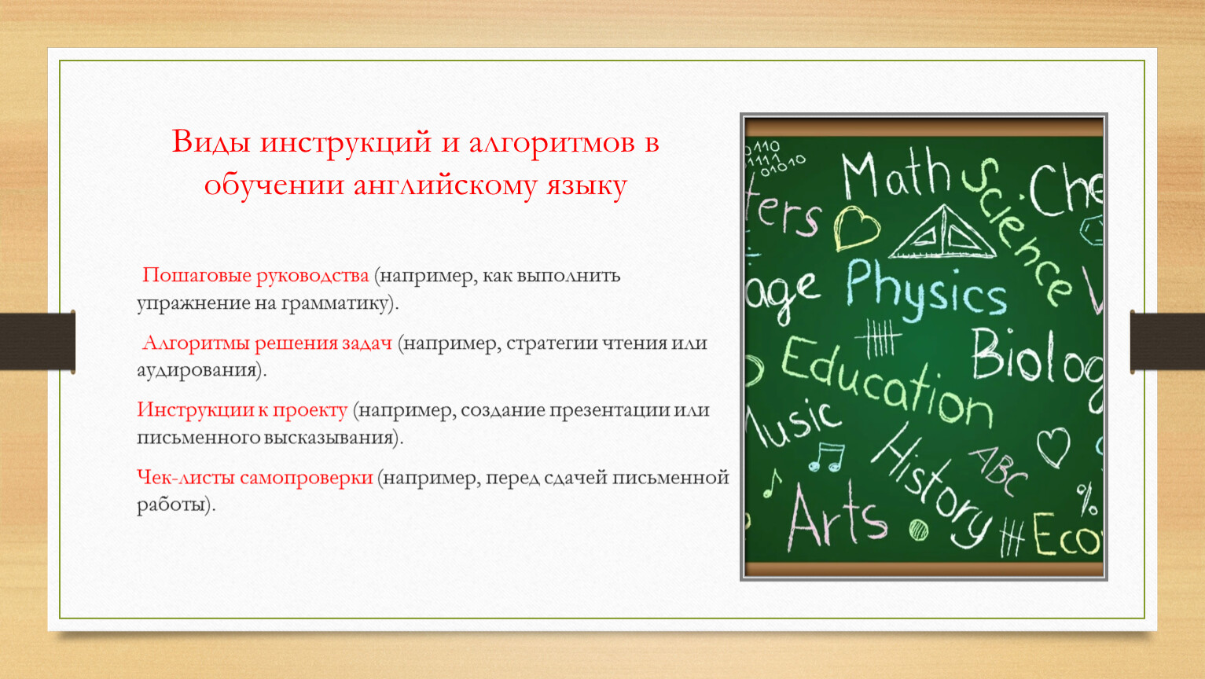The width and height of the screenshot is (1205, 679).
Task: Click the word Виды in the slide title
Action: click(211, 142)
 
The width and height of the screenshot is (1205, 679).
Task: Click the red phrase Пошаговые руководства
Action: click(255, 276)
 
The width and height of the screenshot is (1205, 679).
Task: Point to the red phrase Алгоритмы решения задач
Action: click(267, 343)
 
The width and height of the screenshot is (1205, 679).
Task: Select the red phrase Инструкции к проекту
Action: click(242, 410)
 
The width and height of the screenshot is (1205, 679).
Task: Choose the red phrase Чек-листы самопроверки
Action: click(255, 478)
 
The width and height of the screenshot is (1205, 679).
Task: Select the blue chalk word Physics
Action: click(926, 291)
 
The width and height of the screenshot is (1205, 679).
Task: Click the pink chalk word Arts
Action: click(837, 516)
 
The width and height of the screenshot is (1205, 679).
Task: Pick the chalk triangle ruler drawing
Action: click(942, 233)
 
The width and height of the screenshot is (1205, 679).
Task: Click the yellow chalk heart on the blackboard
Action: click(857, 228)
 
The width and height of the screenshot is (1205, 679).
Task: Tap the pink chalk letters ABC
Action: click(998, 471)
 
